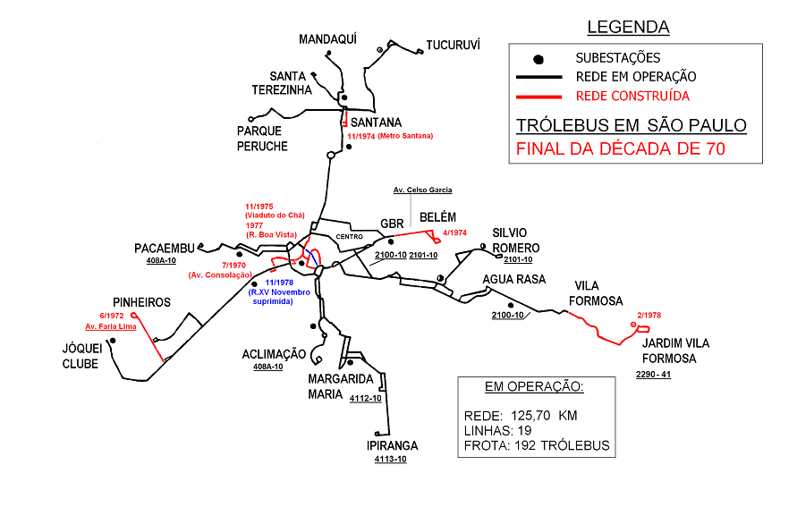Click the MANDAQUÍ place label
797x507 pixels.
(x=327, y=39)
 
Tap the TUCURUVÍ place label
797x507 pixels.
(x=453, y=45)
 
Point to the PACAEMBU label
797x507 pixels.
(x=165, y=248)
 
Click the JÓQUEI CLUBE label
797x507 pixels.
(x=81, y=355)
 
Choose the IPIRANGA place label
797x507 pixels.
(x=392, y=445)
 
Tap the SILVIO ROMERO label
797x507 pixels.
(x=516, y=240)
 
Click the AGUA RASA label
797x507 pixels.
(x=514, y=279)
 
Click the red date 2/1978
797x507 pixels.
(x=649, y=315)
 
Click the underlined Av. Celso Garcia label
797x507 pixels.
(x=423, y=190)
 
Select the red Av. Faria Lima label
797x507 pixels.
(x=110, y=326)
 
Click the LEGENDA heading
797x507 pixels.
(x=628, y=28)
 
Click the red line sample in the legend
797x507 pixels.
(x=538, y=96)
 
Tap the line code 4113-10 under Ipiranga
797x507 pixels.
(x=391, y=460)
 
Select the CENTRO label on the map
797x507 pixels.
(x=349, y=237)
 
